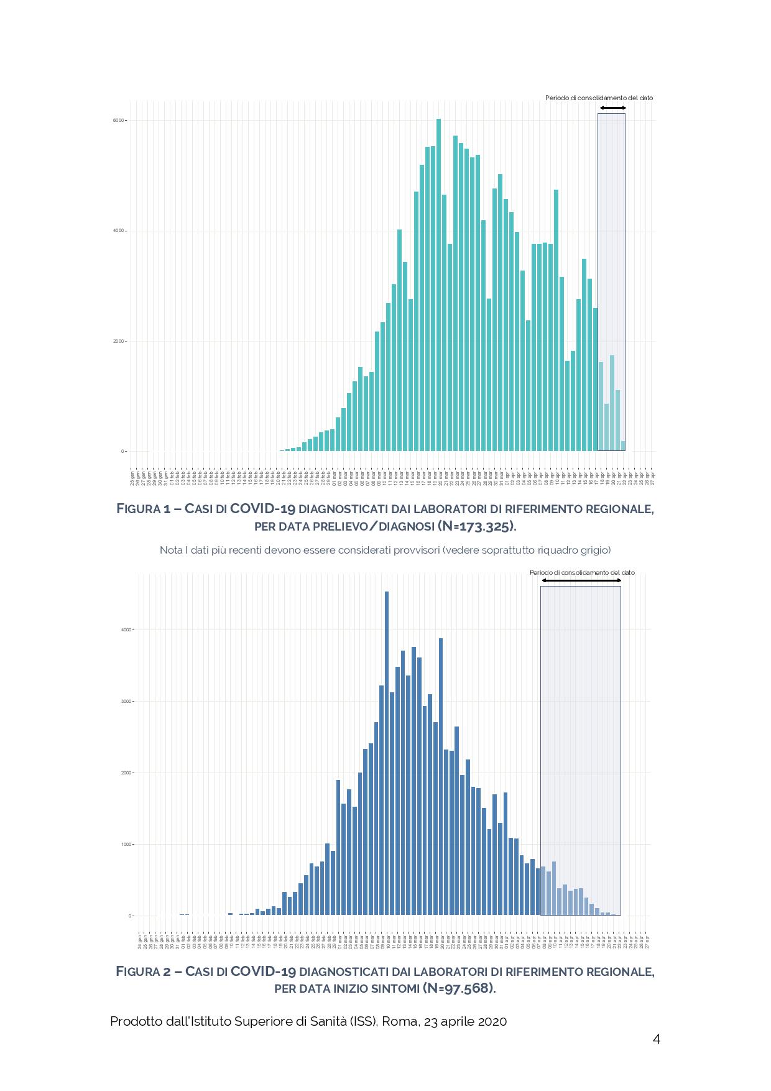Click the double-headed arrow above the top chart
[x=612, y=108]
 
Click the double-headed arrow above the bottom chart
[x=581, y=580]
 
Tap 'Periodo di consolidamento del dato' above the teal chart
[x=599, y=98]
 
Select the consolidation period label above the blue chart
[x=582, y=572]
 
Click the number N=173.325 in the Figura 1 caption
[x=477, y=526]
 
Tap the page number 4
[x=656, y=1039]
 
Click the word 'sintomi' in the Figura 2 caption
[x=395, y=988]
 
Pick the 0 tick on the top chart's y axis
[x=123, y=452]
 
